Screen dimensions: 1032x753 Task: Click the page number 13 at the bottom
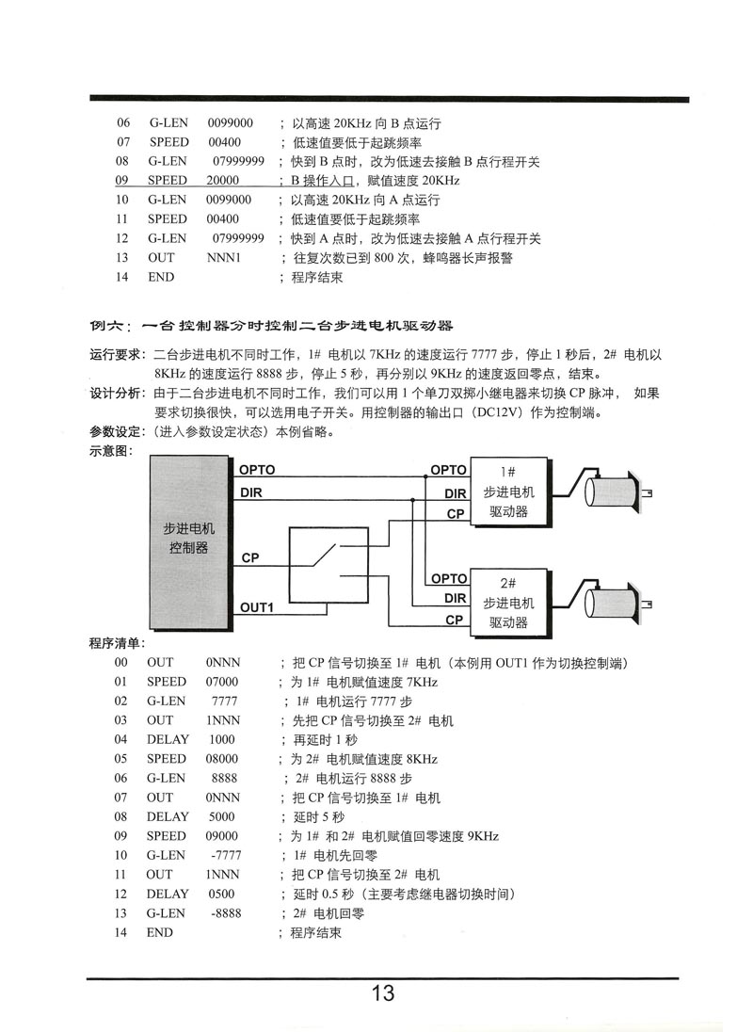(382, 993)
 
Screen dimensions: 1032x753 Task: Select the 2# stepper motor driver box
(508, 604)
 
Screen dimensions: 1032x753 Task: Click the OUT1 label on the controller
(256, 607)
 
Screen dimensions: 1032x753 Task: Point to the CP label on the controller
(250, 558)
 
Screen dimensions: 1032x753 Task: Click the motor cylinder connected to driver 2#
(613, 603)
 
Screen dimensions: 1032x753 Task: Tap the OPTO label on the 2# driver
(448, 578)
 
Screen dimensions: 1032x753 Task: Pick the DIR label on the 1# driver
(456, 493)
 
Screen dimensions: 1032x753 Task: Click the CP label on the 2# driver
(455, 620)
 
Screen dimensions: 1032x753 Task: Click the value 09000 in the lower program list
(222, 835)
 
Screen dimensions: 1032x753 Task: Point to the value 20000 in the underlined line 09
(223, 180)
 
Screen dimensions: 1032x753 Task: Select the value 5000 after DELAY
(222, 816)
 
